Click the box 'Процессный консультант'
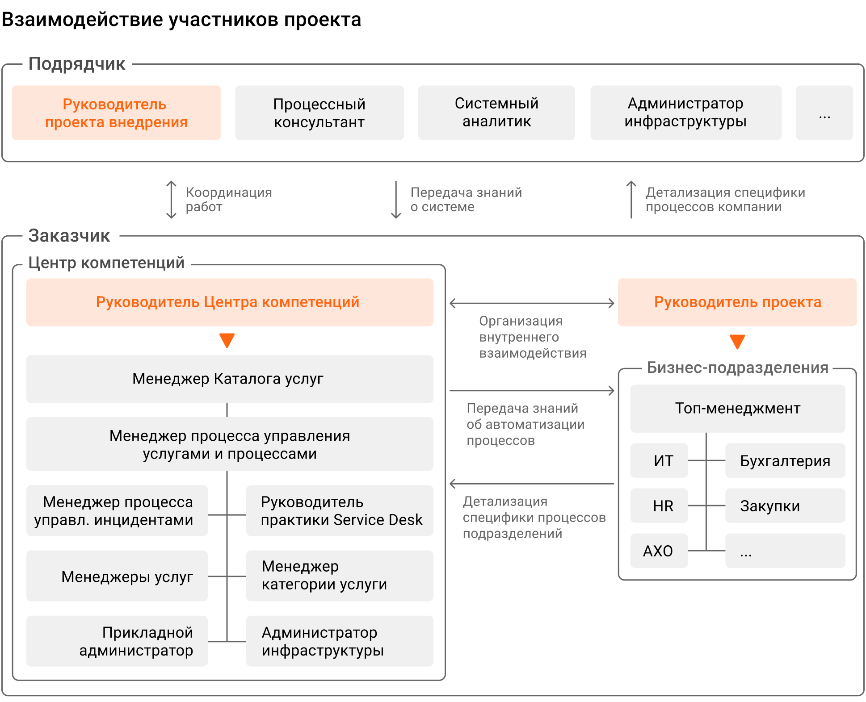coord(319,113)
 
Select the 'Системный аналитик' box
coord(496,113)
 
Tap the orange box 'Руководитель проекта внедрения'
coord(117,113)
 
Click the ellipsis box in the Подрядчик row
coord(824,113)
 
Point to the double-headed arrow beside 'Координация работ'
coord(171,200)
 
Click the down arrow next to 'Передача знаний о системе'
coord(396,200)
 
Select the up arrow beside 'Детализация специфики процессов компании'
coord(631,200)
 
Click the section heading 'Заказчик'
coord(69,235)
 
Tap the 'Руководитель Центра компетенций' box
coord(230,302)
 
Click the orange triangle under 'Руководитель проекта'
coord(737,342)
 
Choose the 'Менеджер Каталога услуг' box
coord(230,379)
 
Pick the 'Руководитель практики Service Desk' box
coord(340,510)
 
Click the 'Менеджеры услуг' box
coord(117,576)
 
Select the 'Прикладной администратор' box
coord(117,641)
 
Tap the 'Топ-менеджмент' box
coord(738,409)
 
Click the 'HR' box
coord(659,506)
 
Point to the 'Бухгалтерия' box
coord(785,460)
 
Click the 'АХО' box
coord(659,551)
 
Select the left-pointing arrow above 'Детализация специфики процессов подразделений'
coord(532,484)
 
